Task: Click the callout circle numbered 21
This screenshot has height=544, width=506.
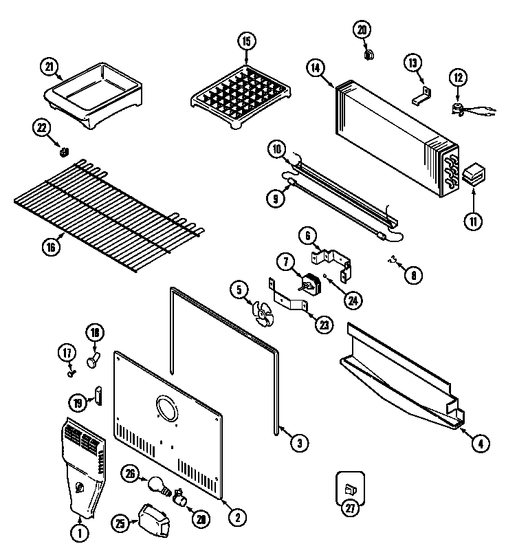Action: [49, 66]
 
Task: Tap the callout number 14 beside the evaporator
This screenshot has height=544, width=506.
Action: [316, 67]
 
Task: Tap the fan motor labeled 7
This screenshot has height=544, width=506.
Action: [309, 283]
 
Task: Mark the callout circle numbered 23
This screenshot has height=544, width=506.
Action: [324, 326]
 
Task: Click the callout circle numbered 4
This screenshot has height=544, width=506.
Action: [482, 444]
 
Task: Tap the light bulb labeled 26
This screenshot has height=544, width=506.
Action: [157, 483]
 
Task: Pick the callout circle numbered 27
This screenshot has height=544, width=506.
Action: [351, 508]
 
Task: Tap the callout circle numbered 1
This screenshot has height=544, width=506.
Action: [80, 531]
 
